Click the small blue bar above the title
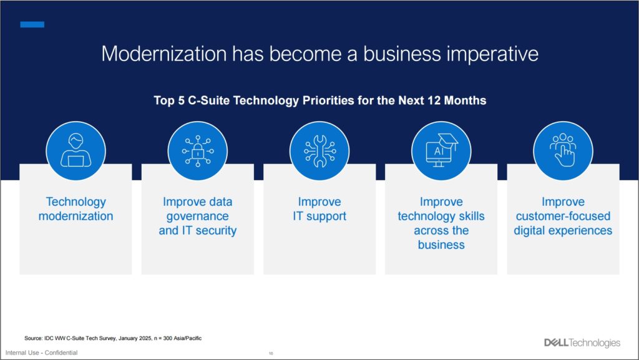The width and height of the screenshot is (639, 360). coord(32,24)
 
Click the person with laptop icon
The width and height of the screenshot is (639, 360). coord(76,151)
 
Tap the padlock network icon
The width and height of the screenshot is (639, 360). coord(197,151)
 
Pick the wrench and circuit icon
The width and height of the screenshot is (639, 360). coord(319,151)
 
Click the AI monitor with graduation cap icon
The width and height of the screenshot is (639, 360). coord(441,151)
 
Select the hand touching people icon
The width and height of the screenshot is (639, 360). coord(563,151)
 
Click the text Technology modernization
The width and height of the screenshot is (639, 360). coord(76,209)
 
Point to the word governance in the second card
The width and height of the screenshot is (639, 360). coord(198,216)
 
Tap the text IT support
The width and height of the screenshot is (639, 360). coord(319,216)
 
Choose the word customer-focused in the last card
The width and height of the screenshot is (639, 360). coord(563,216)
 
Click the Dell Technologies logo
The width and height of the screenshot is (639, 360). coord(582,343)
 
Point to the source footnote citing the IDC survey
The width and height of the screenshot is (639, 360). coord(113,338)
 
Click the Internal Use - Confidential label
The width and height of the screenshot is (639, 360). coord(41,353)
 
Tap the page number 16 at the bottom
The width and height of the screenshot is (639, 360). coord(271,354)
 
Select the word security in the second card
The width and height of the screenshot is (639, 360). coord(217,231)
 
